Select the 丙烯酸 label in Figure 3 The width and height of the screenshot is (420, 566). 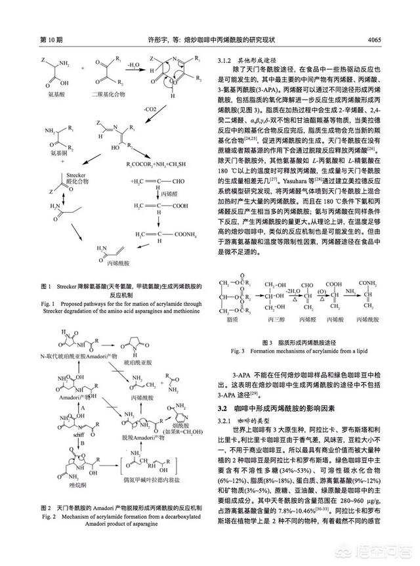[x=337, y=320]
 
